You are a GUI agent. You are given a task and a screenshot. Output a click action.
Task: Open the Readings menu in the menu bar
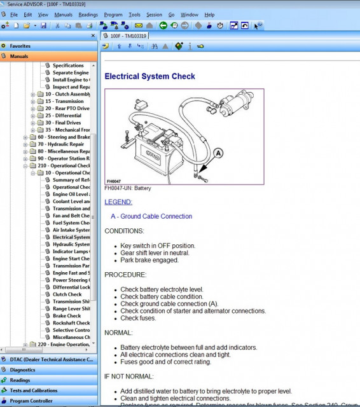[88, 14]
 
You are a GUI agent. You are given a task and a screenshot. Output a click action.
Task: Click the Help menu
[209, 14]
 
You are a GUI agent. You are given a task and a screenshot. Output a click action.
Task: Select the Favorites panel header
[20, 46]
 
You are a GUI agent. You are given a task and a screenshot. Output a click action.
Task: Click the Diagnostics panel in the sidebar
[23, 369]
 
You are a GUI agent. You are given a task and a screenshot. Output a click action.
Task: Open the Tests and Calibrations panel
[33, 390]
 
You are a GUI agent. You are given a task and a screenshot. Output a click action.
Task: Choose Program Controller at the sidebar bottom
[32, 401]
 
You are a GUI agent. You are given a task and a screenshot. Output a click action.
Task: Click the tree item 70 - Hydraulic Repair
[64, 144]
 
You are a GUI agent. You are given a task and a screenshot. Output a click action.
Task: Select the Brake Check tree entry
[67, 315]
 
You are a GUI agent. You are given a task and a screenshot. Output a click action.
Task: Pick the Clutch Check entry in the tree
[67, 294]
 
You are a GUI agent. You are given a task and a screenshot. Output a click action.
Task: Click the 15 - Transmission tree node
[64, 101]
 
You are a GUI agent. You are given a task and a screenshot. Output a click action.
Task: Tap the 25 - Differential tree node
[63, 116]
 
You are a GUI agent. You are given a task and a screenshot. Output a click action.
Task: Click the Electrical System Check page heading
[149, 76]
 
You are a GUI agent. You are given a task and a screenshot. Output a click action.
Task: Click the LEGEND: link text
[118, 202]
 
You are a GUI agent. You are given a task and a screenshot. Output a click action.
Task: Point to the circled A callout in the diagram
[218, 153]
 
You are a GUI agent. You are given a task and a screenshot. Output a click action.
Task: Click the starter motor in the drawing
[237, 105]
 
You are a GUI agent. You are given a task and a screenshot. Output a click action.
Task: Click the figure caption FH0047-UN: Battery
[128, 188]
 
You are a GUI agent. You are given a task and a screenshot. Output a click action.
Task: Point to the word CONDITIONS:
[124, 231]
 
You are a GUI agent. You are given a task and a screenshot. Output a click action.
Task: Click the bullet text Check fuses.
[138, 318]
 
